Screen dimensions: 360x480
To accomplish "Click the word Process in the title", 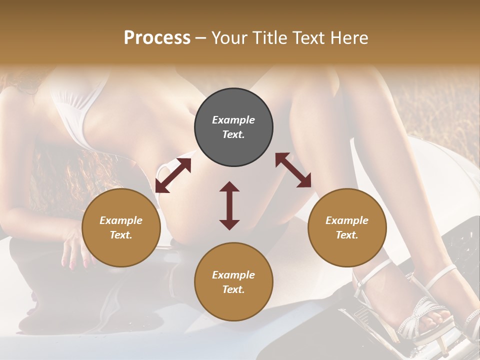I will click(x=157, y=38).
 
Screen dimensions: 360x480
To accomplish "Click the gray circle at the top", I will click(x=233, y=127).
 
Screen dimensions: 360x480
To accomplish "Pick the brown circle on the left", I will click(x=121, y=228).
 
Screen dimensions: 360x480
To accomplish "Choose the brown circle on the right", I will click(x=347, y=228).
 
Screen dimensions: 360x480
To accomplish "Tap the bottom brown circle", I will click(x=233, y=282).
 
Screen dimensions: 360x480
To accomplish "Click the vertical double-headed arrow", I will click(x=229, y=205).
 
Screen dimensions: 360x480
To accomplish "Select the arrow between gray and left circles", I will click(x=173, y=175).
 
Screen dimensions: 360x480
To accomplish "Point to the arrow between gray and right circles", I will click(x=293, y=170).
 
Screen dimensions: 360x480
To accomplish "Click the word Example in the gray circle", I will click(x=233, y=120).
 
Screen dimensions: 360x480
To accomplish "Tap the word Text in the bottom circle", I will click(x=233, y=289).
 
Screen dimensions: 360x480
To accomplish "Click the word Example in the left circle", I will click(x=121, y=220).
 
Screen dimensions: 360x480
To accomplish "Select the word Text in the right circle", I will click(x=347, y=235).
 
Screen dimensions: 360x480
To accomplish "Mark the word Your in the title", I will click(x=227, y=38).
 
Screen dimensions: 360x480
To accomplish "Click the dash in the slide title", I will click(x=200, y=38).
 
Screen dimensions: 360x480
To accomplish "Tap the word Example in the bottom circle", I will click(x=233, y=275).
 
